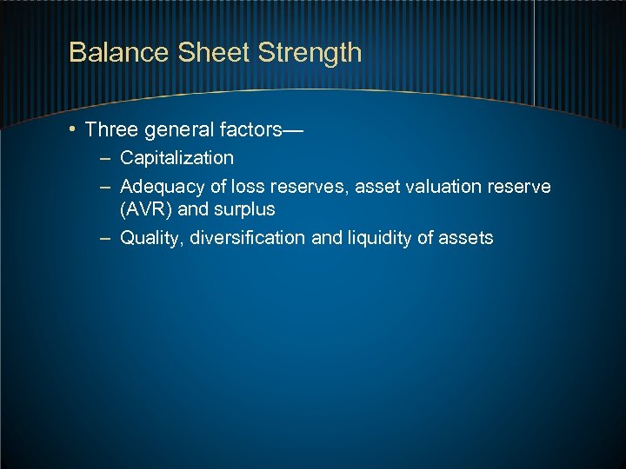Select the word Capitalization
point(176,158)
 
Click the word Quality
point(149,238)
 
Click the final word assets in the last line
point(465,238)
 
